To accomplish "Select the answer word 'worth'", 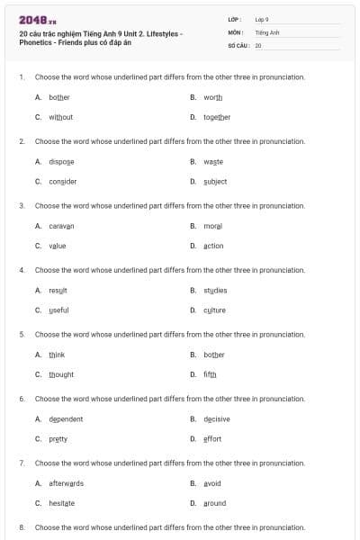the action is coord(212,97).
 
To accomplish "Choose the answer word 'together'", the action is coord(217,117).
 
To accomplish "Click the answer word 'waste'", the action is coord(213,161).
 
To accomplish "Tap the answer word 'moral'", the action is coord(212,226).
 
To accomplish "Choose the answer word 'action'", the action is coord(213,246).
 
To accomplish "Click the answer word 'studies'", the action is coord(215,290).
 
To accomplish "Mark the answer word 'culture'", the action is coord(214,310).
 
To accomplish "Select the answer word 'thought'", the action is coord(61,374).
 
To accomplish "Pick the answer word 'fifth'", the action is coord(210,374).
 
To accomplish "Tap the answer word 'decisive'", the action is coord(217,418).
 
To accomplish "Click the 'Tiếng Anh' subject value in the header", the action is coord(265,31).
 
